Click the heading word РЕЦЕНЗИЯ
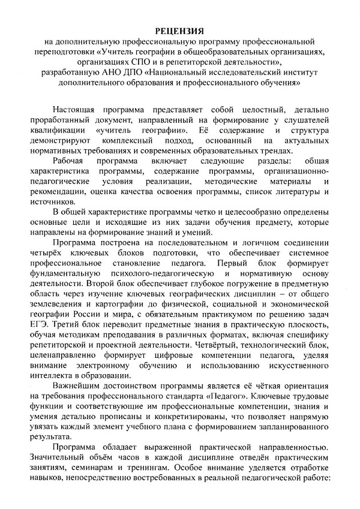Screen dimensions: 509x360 (180, 30)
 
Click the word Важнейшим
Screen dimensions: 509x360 (80, 385)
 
